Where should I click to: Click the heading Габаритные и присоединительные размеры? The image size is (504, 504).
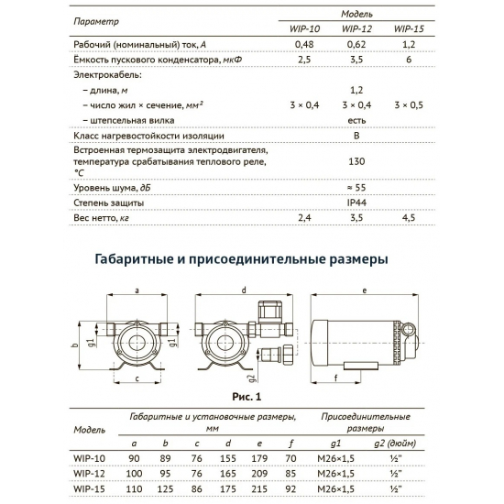pyautogui.click(x=241, y=259)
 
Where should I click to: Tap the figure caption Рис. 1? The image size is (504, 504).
pyautogui.click(x=247, y=397)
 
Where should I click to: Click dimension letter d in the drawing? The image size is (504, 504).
pyautogui.click(x=243, y=290)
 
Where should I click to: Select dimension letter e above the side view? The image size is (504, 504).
pyautogui.click(x=366, y=290)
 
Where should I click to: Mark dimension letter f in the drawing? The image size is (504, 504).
pyautogui.click(x=338, y=375)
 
